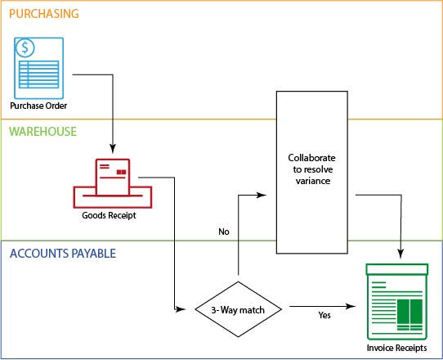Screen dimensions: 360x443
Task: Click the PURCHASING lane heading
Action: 44,14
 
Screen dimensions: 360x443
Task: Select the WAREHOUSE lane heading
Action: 43,131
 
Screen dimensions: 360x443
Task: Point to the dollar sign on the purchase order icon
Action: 27,48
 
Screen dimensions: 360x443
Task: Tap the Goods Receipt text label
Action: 109,217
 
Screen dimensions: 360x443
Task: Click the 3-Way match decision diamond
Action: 238,310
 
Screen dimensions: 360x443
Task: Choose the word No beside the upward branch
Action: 223,232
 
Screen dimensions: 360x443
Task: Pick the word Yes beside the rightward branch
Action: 324,315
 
